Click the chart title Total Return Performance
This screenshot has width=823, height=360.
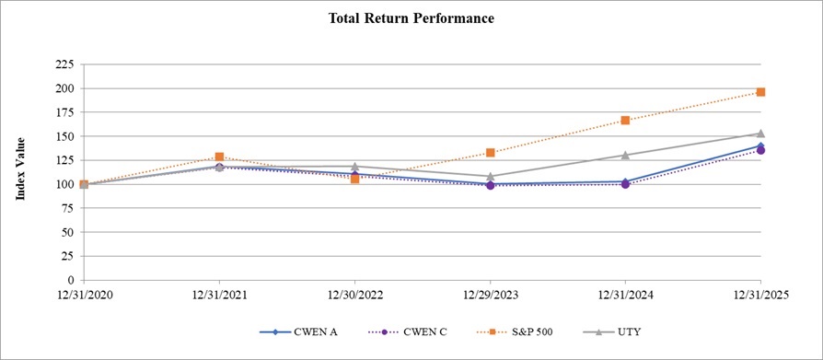pyautogui.click(x=411, y=18)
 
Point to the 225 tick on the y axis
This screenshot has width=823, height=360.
pyautogui.click(x=64, y=64)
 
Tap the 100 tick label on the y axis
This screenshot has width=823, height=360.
pyautogui.click(x=64, y=184)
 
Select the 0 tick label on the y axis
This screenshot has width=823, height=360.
pyautogui.click(x=70, y=280)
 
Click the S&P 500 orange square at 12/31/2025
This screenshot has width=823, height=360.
pyautogui.click(x=760, y=92)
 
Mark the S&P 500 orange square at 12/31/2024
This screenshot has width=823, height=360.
pyautogui.click(x=625, y=121)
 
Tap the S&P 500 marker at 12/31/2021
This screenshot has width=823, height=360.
pyautogui.click(x=219, y=157)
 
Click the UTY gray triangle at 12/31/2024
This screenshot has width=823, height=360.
pyautogui.click(x=625, y=155)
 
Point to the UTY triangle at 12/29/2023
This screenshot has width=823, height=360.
pyautogui.click(x=490, y=176)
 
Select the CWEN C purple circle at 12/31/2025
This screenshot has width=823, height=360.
pyautogui.click(x=760, y=150)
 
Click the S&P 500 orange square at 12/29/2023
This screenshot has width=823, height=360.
pyautogui.click(x=490, y=153)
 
